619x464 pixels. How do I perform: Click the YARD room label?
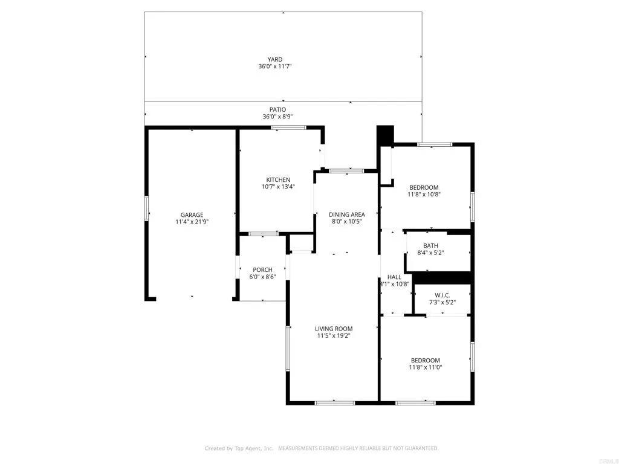point(275,59)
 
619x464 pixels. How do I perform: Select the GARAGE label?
point(192,214)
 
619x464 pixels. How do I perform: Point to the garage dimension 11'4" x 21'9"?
point(192,222)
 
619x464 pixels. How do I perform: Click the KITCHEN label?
point(279,179)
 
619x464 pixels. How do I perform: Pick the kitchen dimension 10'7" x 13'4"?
point(279,187)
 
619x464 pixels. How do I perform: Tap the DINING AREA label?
point(347,214)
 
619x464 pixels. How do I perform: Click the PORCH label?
point(262,269)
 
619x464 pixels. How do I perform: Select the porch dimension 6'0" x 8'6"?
point(262,277)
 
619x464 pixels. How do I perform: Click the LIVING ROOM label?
point(334,329)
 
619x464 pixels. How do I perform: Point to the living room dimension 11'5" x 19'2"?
point(334,336)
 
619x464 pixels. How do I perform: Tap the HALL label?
point(394,277)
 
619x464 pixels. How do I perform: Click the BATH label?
point(430,245)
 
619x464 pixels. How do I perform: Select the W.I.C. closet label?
point(442,295)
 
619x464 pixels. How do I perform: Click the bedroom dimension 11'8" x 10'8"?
point(424,195)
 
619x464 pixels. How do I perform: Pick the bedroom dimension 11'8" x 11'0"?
point(424,367)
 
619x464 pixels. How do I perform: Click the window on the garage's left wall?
point(146,209)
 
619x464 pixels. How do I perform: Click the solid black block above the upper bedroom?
point(385,135)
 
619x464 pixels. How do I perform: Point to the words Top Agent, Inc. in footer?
point(251,448)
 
